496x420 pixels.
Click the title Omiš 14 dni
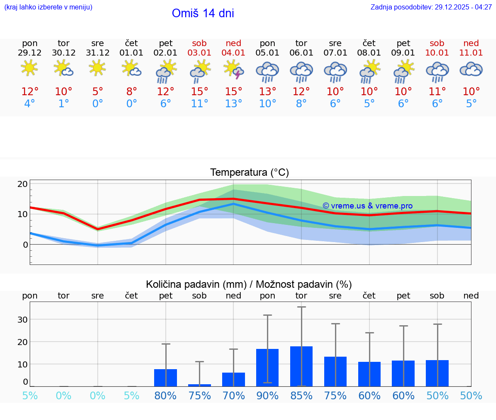pyautogui.click(x=203, y=13)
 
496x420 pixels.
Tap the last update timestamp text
pyautogui.click(x=431, y=7)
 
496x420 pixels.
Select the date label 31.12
pyautogui.click(x=98, y=53)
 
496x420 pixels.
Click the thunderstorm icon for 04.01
pyautogui.click(x=233, y=70)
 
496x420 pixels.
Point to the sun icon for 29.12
pyautogui.click(x=29, y=68)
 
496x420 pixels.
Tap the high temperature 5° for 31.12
pyautogui.click(x=98, y=92)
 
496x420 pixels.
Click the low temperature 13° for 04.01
pyautogui.click(x=233, y=104)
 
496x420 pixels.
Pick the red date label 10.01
pyautogui.click(x=437, y=53)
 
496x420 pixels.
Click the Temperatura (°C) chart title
pyautogui.click(x=249, y=173)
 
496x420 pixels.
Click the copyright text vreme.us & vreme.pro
pyautogui.click(x=367, y=206)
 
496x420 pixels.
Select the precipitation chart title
pyautogui.click(x=249, y=284)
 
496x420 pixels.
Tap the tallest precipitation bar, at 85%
pyautogui.click(x=301, y=366)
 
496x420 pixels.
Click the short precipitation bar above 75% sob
pyautogui.click(x=199, y=385)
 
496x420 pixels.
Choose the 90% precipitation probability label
pyautogui.click(x=267, y=396)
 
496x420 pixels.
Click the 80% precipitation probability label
pyautogui.click(x=165, y=396)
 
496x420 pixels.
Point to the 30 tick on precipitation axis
pyautogui.click(x=22, y=320)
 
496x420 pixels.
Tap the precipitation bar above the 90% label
pyautogui.click(x=267, y=367)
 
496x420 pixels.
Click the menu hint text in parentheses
pyautogui.click(x=48, y=7)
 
